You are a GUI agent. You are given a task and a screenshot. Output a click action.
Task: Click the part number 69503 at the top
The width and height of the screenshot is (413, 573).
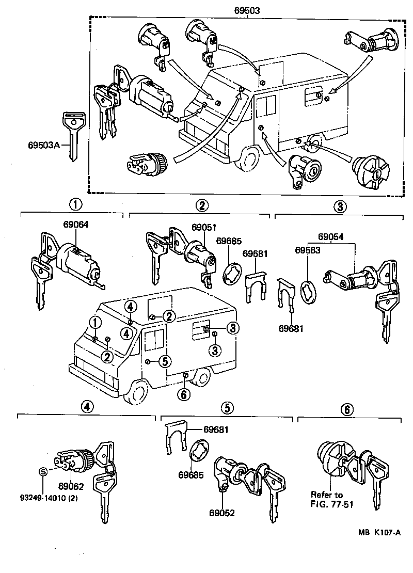[246, 10]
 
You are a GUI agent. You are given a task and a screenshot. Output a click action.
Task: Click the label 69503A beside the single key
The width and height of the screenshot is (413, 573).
[44, 145]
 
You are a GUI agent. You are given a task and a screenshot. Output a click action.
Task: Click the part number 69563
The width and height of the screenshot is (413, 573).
[308, 249]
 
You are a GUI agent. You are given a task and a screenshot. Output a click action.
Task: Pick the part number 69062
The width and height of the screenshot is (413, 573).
[71, 486]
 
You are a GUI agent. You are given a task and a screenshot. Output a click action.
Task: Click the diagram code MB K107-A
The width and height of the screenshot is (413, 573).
[378, 533]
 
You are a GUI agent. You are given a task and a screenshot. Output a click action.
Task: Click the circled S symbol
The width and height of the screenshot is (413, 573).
[43, 471]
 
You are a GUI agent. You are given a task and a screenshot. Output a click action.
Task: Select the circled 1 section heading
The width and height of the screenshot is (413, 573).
[76, 204]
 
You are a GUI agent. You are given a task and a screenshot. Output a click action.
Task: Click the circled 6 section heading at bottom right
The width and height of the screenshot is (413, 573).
[347, 409]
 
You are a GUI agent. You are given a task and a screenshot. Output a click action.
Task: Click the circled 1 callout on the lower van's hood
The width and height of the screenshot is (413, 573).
[95, 323]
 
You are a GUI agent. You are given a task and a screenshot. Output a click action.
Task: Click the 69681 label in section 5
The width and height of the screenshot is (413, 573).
[216, 429]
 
